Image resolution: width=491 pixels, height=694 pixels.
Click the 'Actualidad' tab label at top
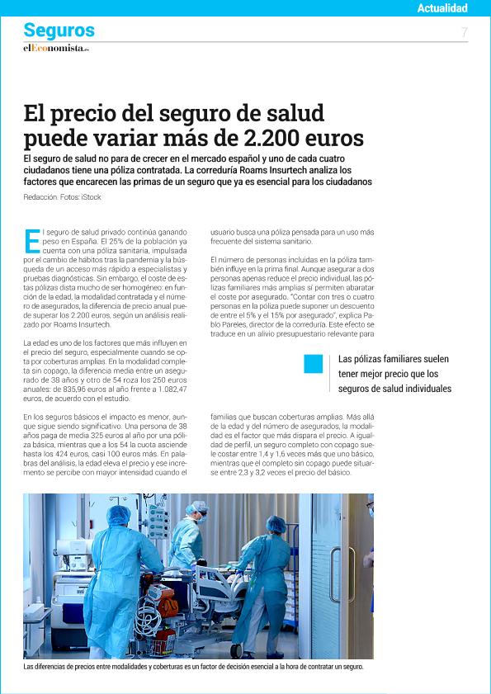coord(442,8)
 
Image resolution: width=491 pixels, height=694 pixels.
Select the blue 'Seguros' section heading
coord(59,31)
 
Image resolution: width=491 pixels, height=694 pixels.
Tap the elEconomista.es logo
coord(55,48)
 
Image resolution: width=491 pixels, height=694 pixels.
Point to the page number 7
coord(465,31)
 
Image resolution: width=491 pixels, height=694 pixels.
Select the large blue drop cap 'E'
coord(32,241)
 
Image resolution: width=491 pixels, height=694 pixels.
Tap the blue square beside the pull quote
coord(314,363)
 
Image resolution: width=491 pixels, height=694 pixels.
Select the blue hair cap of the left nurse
coord(120,516)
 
